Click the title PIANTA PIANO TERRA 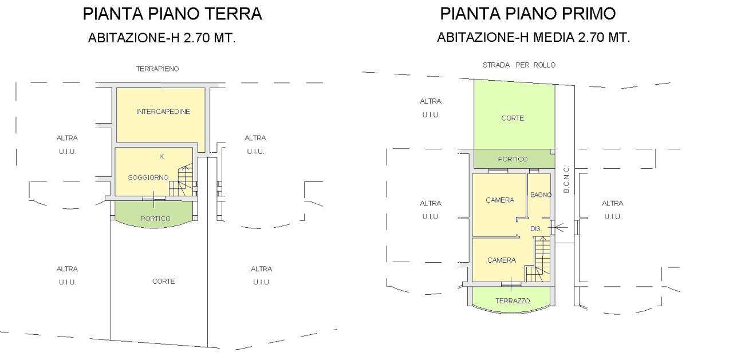(172, 14)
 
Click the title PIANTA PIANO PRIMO (528, 14)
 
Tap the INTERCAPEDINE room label (163, 112)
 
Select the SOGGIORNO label (148, 177)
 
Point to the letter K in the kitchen (161, 156)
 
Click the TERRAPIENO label (157, 69)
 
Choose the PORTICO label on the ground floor (155, 219)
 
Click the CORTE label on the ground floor (164, 282)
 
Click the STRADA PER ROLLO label (519, 65)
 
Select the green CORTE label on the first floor (513, 118)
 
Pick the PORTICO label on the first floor (513, 160)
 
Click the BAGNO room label (541, 195)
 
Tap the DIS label (535, 228)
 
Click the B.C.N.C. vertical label (566, 180)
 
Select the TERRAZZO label (513, 301)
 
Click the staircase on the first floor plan (538, 260)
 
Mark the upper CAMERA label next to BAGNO (500, 200)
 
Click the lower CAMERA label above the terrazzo (502, 260)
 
